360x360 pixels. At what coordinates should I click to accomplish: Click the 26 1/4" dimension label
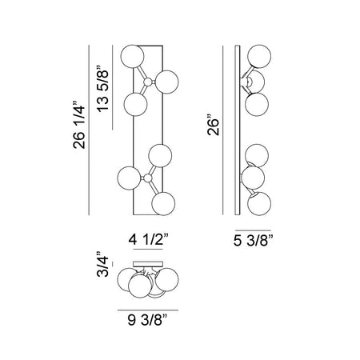(79, 125)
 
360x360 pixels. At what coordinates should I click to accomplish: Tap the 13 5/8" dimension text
(103, 88)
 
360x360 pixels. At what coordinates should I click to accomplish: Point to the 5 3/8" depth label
(254, 241)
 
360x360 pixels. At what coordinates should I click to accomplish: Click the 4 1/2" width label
(149, 239)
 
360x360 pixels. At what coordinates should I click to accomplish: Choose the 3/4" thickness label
(102, 264)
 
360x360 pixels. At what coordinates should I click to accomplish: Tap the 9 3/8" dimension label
(147, 320)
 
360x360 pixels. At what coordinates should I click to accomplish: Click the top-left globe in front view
(132, 56)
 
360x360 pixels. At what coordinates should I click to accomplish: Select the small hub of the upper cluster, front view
(147, 82)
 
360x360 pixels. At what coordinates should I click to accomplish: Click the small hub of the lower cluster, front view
(147, 178)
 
